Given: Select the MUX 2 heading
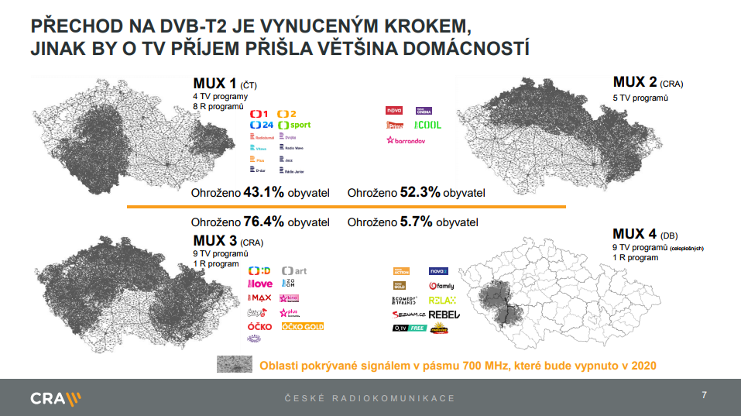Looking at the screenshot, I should coord(635,82).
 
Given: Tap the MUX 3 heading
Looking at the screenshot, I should coord(215,241).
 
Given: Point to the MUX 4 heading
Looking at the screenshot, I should coord(635,234).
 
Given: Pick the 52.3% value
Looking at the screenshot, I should coord(421,192).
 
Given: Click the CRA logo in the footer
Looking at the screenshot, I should coord(55,398).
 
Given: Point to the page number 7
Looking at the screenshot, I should coord(704,396).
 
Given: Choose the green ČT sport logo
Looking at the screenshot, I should coord(295,125).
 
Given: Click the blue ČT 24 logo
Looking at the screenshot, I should coord(262,125).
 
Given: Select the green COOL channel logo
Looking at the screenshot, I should coord(427,124).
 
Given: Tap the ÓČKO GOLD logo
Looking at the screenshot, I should coord(302,327).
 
